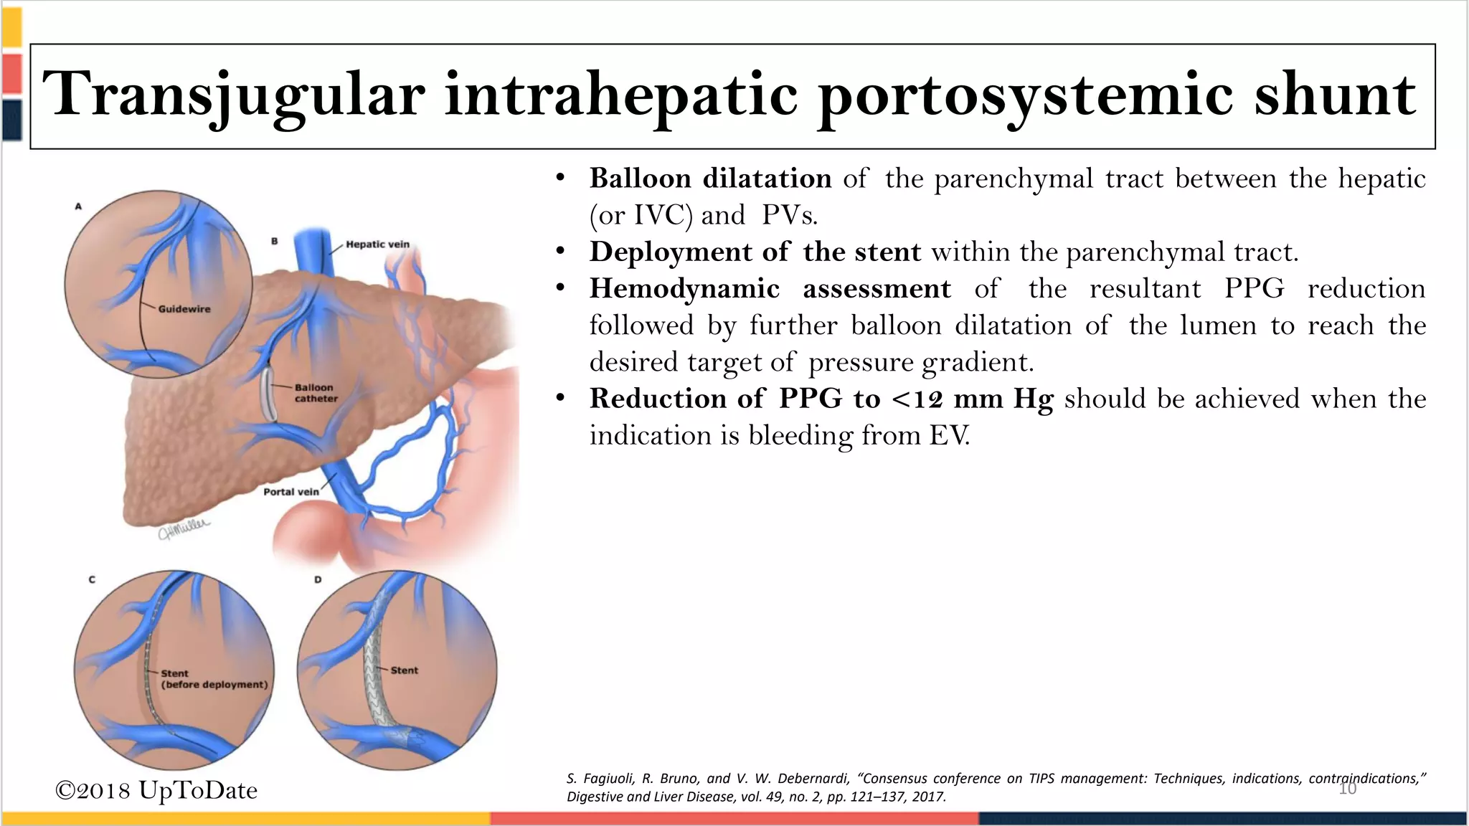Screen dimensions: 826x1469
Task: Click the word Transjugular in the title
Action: pos(234,95)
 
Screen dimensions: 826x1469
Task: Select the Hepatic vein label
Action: pos(377,245)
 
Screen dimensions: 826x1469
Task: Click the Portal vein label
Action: pos(291,492)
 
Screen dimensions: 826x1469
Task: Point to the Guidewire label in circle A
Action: pos(184,309)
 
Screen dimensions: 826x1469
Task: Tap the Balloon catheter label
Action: pos(316,393)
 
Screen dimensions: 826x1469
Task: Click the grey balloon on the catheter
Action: pos(268,394)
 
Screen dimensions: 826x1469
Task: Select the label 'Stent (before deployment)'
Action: pos(214,679)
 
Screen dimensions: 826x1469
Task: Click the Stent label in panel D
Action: pos(404,670)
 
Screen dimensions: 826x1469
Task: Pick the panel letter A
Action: pos(79,206)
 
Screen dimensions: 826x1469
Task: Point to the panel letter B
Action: pos(274,242)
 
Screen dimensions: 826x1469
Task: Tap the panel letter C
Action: pos(92,579)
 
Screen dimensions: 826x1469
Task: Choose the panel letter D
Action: pos(318,579)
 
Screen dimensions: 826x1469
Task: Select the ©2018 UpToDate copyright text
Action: pos(156,790)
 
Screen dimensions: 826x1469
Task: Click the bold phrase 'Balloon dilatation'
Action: pos(710,179)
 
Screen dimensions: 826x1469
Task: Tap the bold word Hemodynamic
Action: pos(684,289)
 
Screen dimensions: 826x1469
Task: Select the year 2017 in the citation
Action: pos(928,797)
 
